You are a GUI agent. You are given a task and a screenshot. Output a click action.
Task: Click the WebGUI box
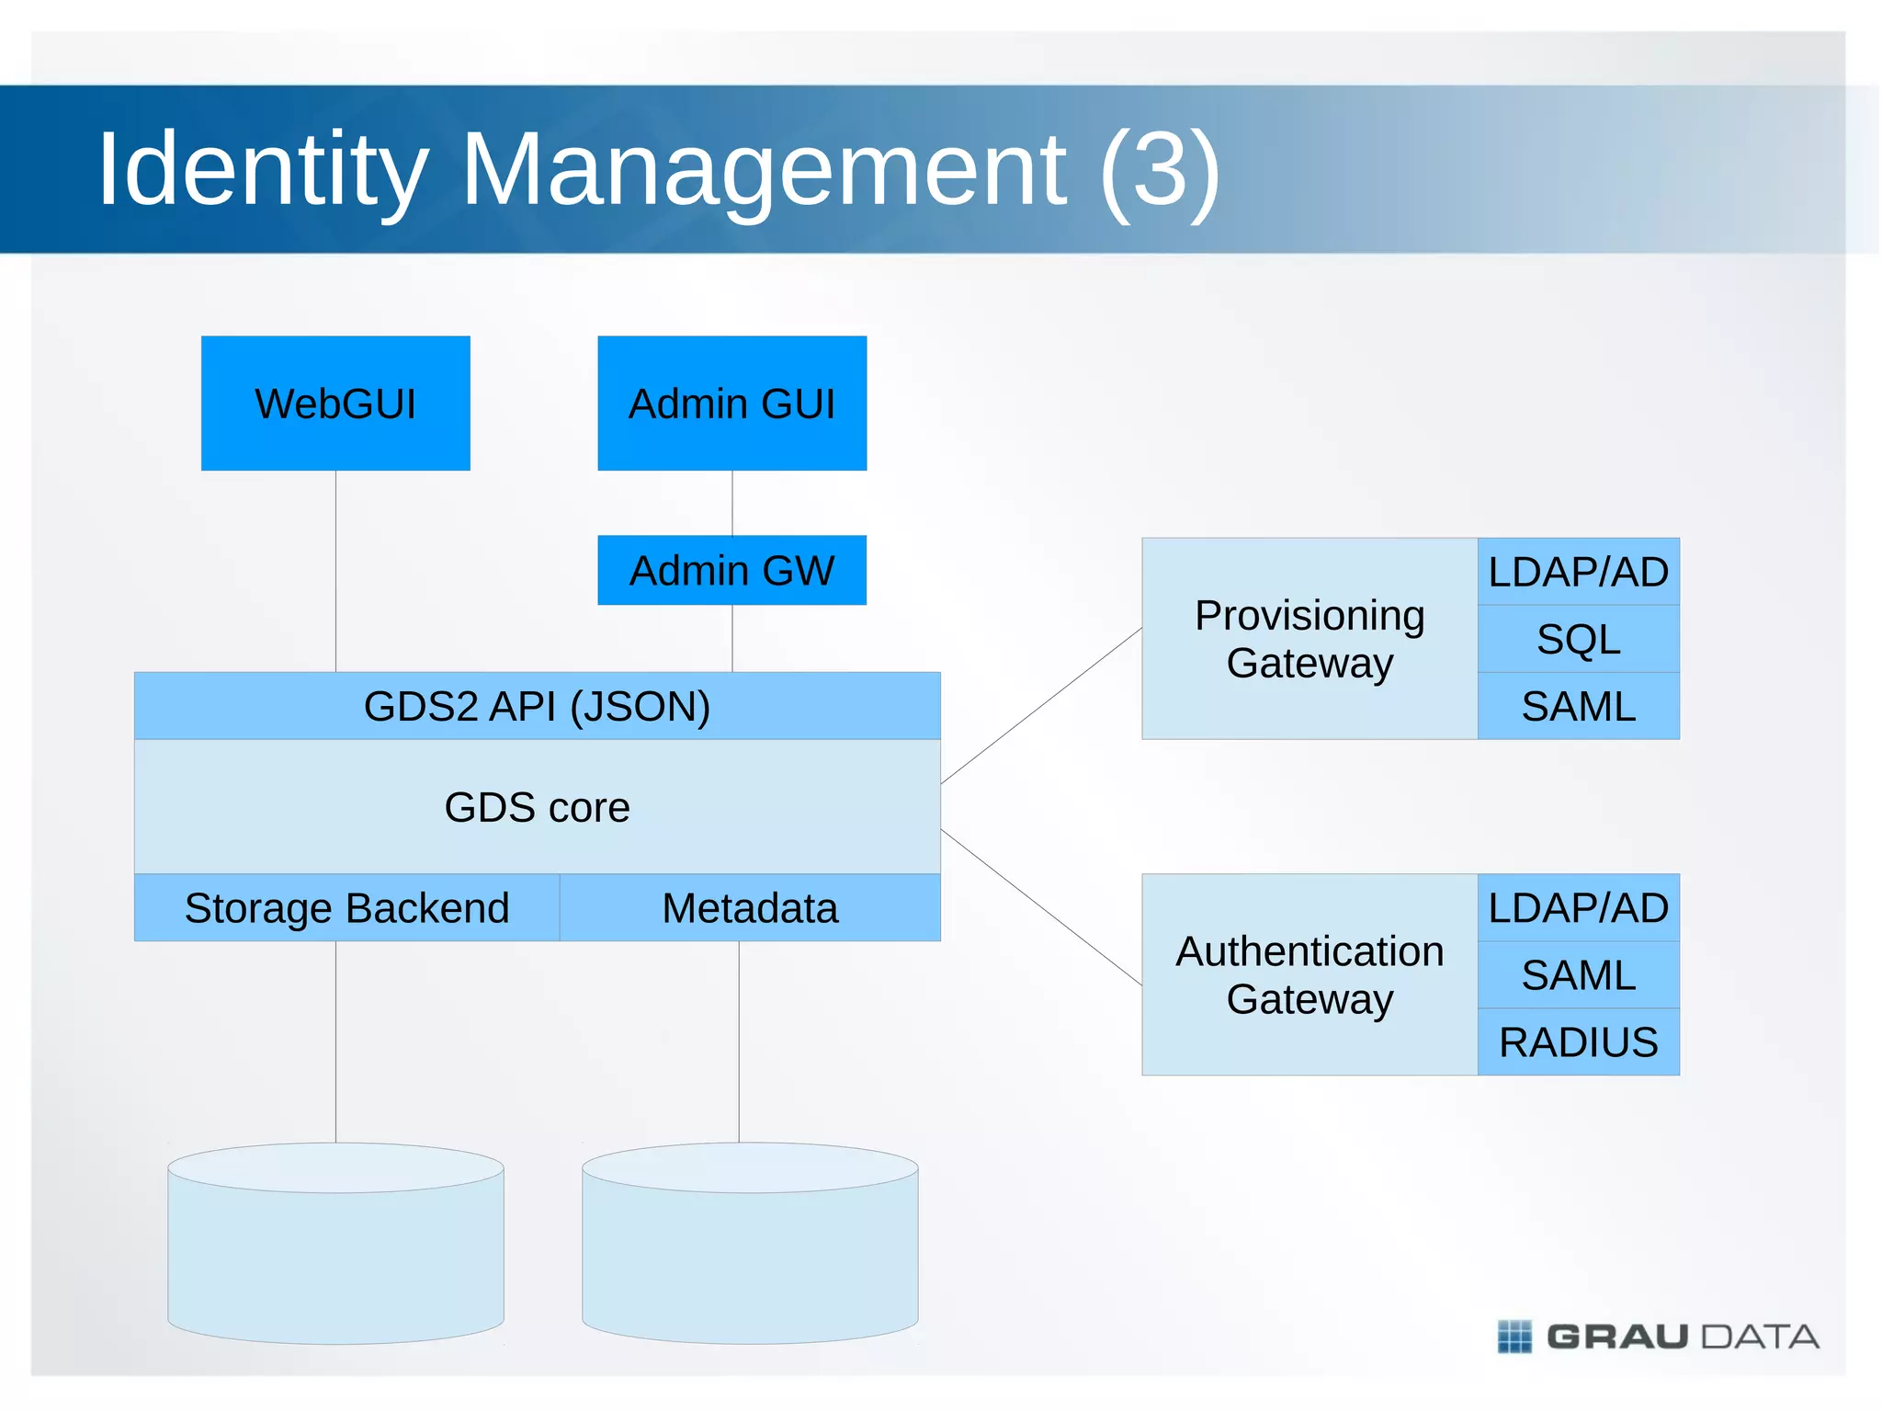335,403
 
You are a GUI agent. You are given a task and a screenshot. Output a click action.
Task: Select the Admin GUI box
731,403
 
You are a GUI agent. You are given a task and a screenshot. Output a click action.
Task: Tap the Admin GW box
731,570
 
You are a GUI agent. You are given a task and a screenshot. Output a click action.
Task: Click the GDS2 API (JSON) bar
537,706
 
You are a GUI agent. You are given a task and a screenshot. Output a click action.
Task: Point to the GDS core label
537,807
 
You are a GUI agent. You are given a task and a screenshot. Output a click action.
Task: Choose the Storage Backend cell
346,908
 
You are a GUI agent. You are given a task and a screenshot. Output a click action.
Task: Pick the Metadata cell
750,908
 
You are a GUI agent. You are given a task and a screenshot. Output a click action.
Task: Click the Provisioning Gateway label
1309,639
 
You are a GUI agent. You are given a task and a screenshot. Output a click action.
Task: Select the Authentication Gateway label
1309,974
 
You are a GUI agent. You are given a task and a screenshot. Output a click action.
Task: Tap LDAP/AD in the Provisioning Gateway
1578,572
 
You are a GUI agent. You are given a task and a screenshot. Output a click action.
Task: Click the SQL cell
1578,639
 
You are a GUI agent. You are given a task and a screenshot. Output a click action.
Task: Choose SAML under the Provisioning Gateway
1578,706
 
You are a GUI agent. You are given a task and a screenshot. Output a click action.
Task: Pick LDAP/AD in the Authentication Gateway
1578,908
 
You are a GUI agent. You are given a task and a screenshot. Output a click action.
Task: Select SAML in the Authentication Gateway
1578,975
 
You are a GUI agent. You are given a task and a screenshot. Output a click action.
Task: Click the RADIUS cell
1578,1042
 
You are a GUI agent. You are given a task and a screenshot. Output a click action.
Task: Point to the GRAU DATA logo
1659,1337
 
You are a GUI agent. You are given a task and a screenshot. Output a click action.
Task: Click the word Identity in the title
263,170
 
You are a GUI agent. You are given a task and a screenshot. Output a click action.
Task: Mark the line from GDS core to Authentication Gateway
1041,907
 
